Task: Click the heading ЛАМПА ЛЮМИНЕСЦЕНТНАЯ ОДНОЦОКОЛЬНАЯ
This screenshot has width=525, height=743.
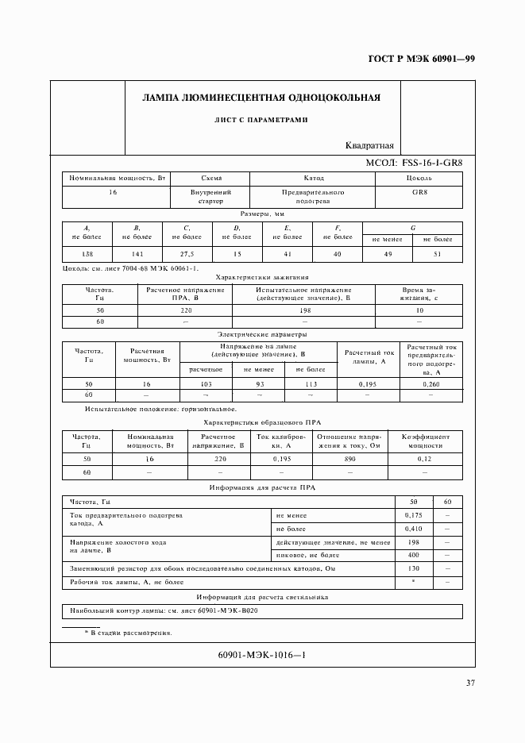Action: click(261, 98)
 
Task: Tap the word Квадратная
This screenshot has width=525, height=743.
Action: click(370, 145)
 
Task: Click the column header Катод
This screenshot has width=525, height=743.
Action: click(313, 179)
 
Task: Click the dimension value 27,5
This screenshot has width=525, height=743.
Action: click(187, 254)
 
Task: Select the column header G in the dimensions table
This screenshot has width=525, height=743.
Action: click(412, 228)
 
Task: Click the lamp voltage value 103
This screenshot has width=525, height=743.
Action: click(206, 383)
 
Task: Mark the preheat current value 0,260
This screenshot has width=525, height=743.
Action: click(430, 383)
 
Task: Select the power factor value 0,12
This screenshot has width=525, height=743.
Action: click(425, 460)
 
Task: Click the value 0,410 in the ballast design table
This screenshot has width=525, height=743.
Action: click(413, 528)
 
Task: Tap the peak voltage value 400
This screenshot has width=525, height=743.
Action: click(413, 555)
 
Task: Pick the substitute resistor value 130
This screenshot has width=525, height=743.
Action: click(413, 569)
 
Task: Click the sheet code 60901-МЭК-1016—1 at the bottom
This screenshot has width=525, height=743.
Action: click(261, 655)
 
